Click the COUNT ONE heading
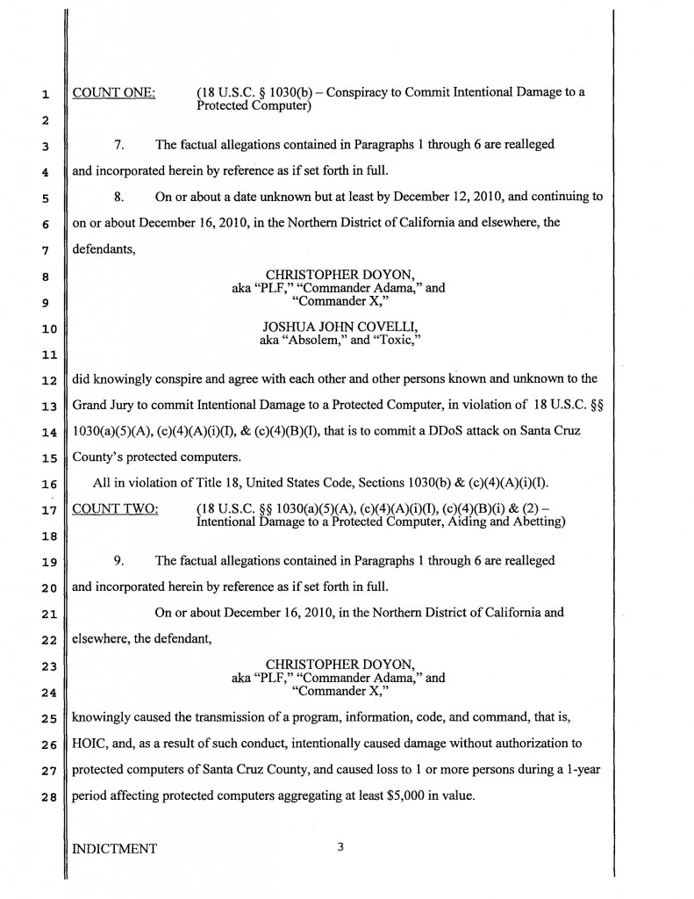pyautogui.click(x=113, y=93)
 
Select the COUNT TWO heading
pyautogui.click(x=114, y=510)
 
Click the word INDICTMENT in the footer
pyautogui.click(x=114, y=849)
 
